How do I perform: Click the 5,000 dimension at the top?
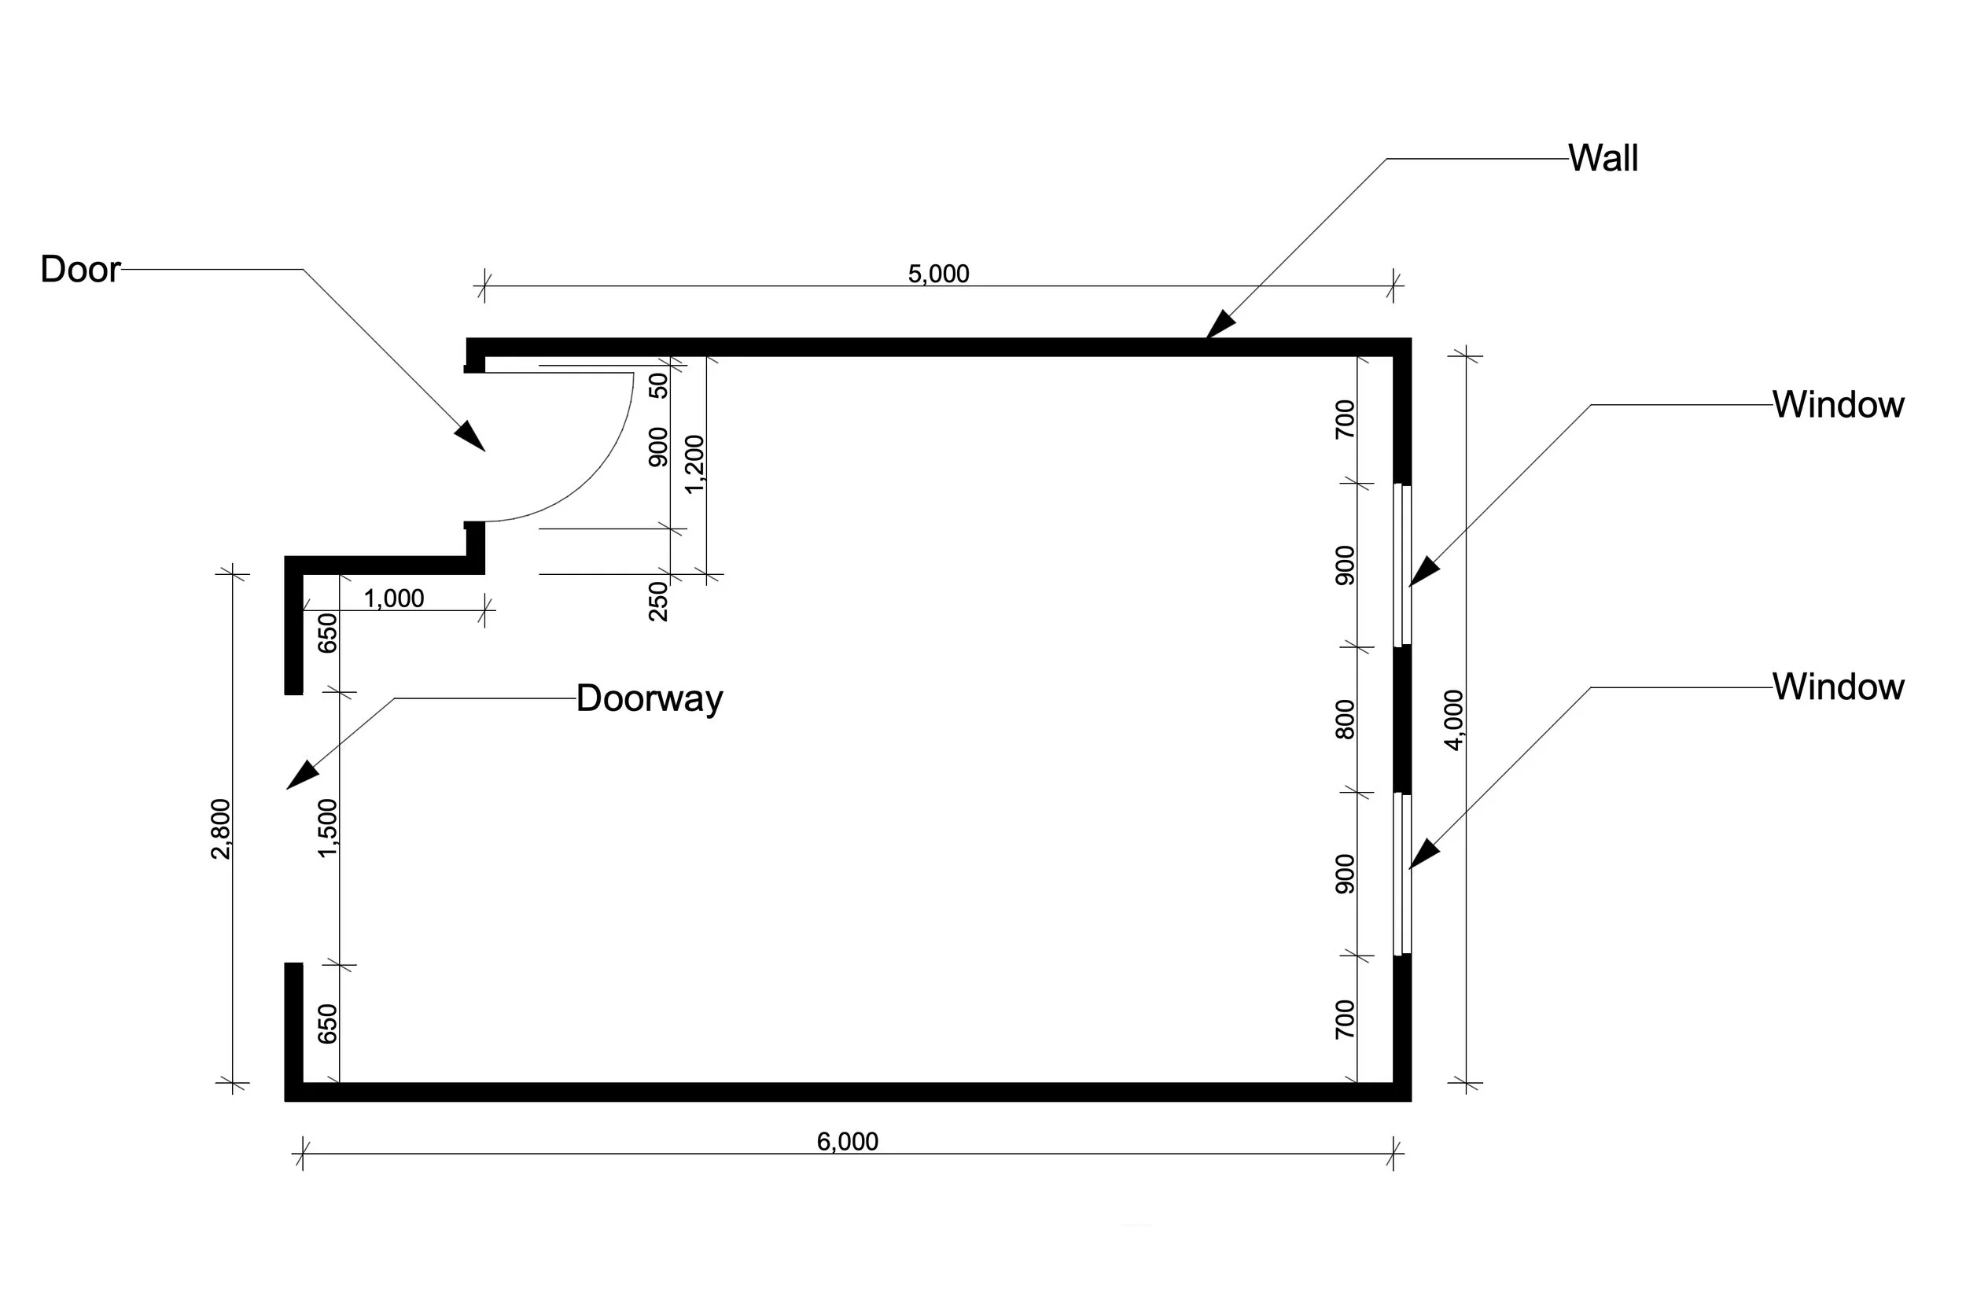coord(938,274)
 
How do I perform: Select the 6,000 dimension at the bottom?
coord(847,1141)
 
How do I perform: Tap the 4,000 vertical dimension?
coord(1453,720)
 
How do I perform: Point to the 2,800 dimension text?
coord(221,829)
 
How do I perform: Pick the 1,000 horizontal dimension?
coord(394,598)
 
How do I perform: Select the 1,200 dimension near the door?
coord(695,464)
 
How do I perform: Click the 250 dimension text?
coord(660,601)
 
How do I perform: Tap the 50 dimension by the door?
coord(660,385)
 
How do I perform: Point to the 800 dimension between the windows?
coord(1345,720)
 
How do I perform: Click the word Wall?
coord(1603,158)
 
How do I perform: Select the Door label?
coord(80,269)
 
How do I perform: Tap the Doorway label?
coord(650,698)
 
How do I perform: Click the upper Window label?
coord(1838,405)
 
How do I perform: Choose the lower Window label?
coord(1838,687)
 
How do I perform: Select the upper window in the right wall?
coord(1402,565)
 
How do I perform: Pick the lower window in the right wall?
coord(1402,874)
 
